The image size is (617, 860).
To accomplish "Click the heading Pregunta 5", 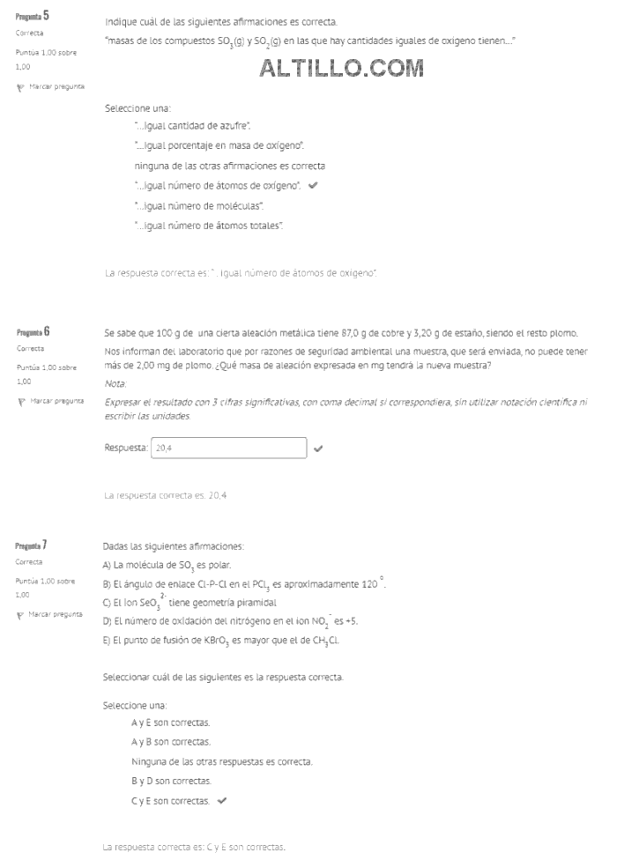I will click(x=33, y=16).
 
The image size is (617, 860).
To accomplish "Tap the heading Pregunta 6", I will click(x=33, y=331).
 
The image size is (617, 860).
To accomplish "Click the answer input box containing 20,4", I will click(x=229, y=448).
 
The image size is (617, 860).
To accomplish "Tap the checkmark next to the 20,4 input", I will click(x=318, y=448).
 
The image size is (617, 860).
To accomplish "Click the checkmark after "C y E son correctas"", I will click(x=221, y=801).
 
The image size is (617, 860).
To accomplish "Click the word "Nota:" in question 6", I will click(x=115, y=383).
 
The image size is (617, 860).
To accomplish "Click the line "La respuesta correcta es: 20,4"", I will click(x=165, y=495).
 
